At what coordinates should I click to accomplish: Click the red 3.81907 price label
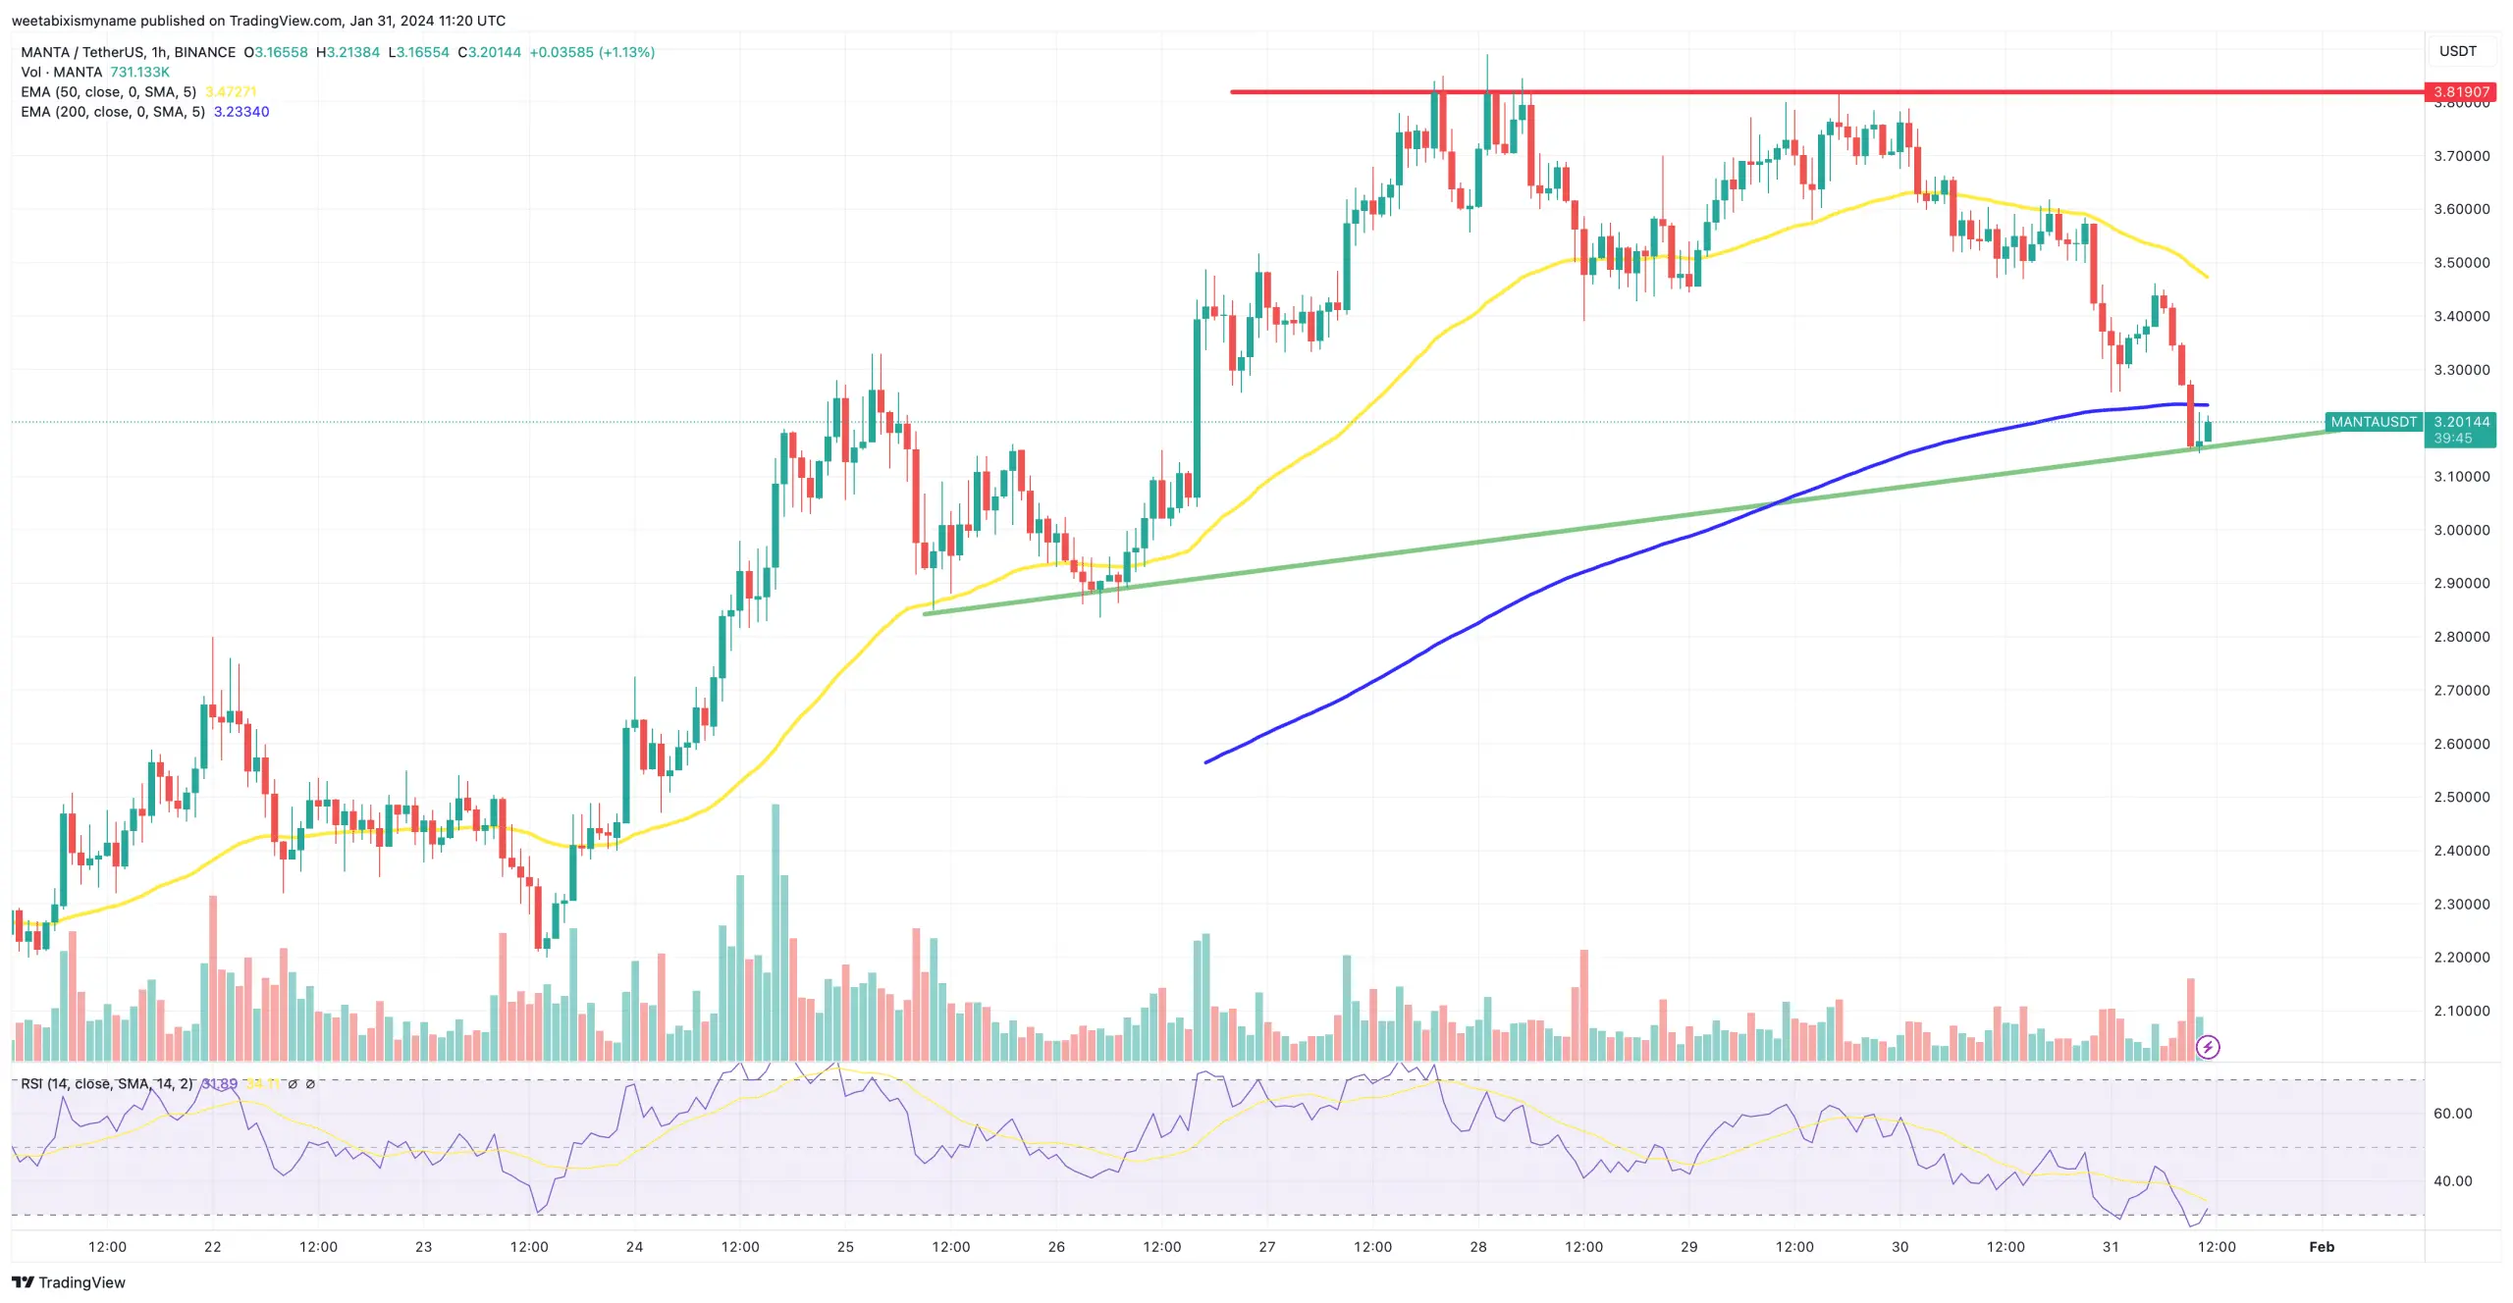point(2461,92)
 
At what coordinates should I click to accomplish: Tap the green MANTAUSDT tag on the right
point(2373,422)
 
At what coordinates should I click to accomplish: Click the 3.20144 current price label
point(2461,422)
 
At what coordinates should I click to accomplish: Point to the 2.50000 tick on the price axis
point(2461,797)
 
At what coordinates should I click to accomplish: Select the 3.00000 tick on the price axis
point(2461,530)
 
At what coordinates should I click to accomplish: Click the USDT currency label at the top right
point(2457,51)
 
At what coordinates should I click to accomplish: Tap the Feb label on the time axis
point(2321,1246)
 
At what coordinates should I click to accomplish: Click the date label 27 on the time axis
point(1266,1246)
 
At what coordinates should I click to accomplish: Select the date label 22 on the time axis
point(212,1246)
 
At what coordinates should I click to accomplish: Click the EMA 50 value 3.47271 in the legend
point(231,92)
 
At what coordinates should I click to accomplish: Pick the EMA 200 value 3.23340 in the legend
point(241,112)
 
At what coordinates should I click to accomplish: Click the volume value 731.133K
point(139,73)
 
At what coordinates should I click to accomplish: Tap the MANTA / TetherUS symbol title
point(128,52)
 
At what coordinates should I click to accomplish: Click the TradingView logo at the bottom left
point(69,1282)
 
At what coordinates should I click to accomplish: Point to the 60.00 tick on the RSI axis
point(2452,1114)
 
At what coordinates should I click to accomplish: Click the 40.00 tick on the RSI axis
point(2452,1181)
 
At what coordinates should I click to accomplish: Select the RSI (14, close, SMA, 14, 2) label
point(106,1084)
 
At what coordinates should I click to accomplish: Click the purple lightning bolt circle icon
point(2208,1047)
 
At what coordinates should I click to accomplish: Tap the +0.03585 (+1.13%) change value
point(592,52)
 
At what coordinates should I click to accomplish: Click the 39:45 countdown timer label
point(2452,439)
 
